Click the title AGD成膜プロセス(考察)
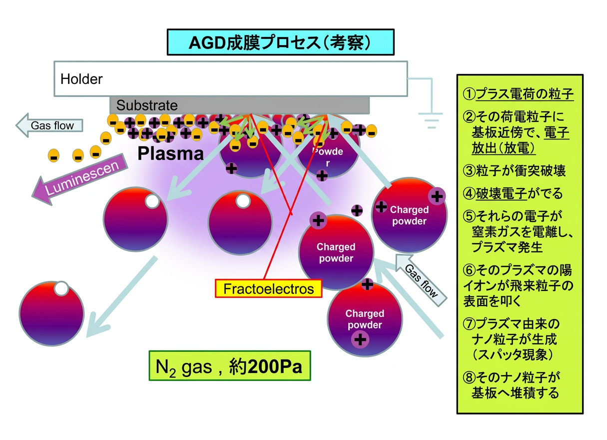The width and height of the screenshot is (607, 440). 280,42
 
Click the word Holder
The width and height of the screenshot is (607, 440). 81,79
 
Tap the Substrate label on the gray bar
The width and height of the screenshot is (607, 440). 147,105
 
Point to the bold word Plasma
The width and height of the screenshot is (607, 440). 170,154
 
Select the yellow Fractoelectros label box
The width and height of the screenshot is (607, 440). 268,288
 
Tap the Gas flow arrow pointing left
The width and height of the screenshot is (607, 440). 49,125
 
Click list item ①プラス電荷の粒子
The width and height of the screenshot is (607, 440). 518,94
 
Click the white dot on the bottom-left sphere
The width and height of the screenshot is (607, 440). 61,288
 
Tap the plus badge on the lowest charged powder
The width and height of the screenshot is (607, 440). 360,340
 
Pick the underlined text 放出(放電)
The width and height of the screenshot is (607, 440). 504,148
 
